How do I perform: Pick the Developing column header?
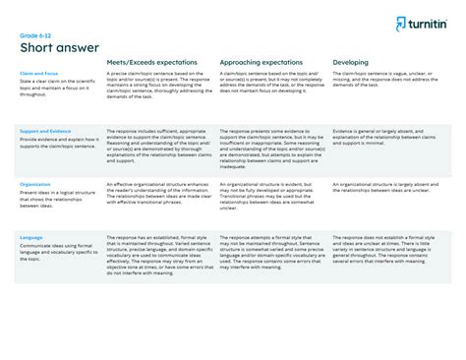pos(351,62)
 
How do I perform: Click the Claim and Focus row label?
pos(38,73)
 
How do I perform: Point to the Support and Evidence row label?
pos(45,130)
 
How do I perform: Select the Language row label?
pos(31,237)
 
